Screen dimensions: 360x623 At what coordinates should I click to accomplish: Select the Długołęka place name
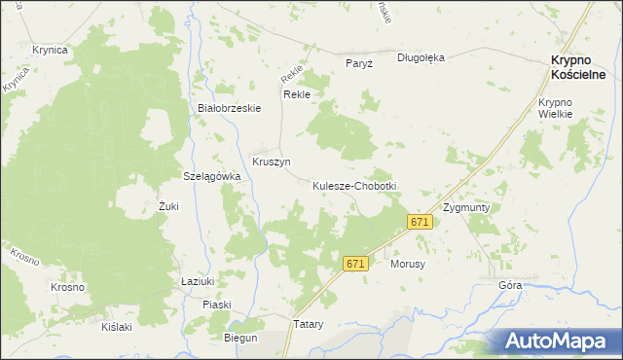421,57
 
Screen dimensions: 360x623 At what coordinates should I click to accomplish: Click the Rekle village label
296,94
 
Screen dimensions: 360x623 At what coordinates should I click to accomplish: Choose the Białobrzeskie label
229,108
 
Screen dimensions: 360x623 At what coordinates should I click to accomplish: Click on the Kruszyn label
272,162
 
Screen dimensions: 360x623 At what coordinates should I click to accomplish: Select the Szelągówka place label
212,176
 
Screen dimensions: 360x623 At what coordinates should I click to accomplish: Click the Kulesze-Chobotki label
354,185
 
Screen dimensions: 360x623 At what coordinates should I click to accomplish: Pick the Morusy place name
409,264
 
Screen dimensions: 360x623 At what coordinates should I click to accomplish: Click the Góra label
510,285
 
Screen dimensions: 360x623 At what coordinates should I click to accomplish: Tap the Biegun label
240,338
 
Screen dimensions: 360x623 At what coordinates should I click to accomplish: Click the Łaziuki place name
198,280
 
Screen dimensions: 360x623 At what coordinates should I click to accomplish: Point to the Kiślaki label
117,326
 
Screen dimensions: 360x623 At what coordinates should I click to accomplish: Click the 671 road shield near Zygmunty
420,223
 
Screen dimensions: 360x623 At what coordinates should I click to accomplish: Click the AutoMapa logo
554,341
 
